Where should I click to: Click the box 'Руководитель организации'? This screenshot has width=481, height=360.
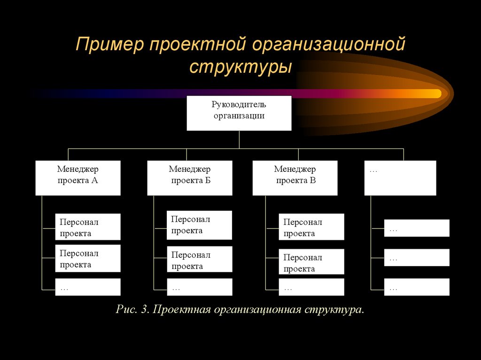[239, 113]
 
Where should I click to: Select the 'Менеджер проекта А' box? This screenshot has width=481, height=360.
[78, 178]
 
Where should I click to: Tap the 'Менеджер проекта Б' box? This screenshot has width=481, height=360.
[189, 178]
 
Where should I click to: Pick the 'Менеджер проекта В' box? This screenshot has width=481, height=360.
[295, 178]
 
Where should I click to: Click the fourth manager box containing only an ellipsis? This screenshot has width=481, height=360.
[400, 178]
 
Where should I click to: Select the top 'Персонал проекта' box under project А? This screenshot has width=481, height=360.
[88, 227]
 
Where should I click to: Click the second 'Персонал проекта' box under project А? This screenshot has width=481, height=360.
[88, 258]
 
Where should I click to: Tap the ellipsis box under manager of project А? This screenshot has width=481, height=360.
[88, 287]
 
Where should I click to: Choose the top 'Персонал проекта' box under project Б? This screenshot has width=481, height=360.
[199, 225]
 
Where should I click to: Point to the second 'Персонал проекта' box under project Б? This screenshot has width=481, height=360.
[199, 259]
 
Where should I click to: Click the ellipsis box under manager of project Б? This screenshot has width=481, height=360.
[199, 287]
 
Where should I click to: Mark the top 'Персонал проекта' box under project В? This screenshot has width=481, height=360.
[311, 227]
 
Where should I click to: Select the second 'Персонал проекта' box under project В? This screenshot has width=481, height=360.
[311, 262]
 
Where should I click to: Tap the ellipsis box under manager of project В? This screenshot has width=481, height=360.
[311, 287]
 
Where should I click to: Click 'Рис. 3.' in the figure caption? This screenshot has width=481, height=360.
[132, 310]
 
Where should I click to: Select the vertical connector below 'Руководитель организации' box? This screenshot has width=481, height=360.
[239, 139]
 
